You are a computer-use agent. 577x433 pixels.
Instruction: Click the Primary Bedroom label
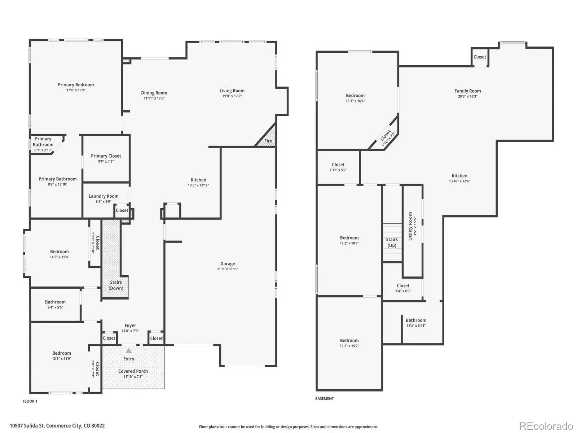pyautogui.click(x=76, y=85)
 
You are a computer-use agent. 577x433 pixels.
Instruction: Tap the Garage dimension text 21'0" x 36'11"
pyautogui.click(x=228, y=269)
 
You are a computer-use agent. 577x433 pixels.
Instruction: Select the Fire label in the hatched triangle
pyautogui.click(x=268, y=141)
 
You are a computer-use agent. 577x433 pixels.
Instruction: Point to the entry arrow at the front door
pyautogui.click(x=128, y=350)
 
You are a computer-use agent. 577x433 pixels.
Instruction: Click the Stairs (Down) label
pyautogui.click(x=116, y=285)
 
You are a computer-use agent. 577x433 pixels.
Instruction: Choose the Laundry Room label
pyautogui.click(x=103, y=196)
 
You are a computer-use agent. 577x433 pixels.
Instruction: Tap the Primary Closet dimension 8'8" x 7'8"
pyautogui.click(x=106, y=161)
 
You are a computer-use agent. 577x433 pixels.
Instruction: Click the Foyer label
pyautogui.click(x=130, y=325)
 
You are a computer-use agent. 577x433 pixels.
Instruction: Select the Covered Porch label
pyautogui.click(x=133, y=371)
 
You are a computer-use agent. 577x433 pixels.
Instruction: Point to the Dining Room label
pyautogui.click(x=154, y=93)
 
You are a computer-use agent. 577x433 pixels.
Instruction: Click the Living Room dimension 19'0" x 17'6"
pyautogui.click(x=232, y=96)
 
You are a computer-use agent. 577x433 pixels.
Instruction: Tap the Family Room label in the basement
pyautogui.click(x=468, y=91)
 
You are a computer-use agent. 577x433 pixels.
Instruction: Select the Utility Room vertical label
pyautogui.click(x=410, y=226)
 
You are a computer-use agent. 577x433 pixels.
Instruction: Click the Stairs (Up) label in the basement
pyautogui.click(x=392, y=242)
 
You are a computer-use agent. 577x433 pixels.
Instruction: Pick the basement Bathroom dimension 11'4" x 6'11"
pyautogui.click(x=416, y=326)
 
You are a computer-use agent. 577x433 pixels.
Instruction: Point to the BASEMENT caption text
pyautogui.click(x=324, y=399)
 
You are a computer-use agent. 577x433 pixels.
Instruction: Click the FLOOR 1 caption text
pyautogui.click(x=30, y=401)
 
